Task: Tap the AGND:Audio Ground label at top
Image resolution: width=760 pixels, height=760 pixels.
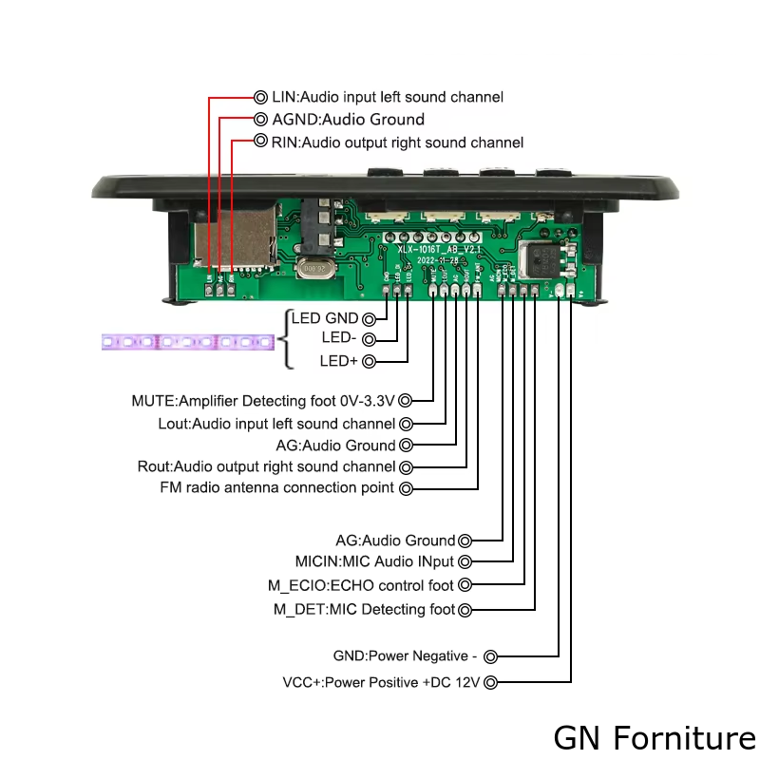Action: [x=348, y=120]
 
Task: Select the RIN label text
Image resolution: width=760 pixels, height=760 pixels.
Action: [x=397, y=142]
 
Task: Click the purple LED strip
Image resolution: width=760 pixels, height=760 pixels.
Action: [x=187, y=340]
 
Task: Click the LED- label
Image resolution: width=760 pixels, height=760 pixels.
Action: [x=340, y=338]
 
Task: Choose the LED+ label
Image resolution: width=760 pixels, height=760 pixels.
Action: [x=340, y=361]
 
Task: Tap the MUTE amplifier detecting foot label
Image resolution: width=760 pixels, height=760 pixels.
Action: [x=264, y=401]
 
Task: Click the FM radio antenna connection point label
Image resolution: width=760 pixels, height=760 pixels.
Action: [x=277, y=488]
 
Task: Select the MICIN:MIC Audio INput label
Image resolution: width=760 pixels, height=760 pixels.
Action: [x=374, y=561]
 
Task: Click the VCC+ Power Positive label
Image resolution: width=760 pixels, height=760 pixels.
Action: [x=382, y=682]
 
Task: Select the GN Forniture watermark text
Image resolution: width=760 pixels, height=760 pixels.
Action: [x=655, y=737]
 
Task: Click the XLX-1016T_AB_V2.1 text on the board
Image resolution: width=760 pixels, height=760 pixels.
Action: [x=440, y=248]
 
